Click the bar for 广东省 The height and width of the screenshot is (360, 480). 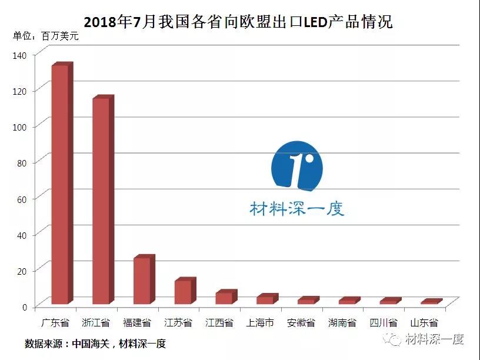click(x=62, y=183)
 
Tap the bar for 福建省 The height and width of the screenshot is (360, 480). click(x=145, y=279)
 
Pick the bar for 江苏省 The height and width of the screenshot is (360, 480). click(x=185, y=291)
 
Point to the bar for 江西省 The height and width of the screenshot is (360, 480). click(x=226, y=296)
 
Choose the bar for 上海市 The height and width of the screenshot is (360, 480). click(x=268, y=299)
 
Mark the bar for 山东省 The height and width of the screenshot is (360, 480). click(x=432, y=301)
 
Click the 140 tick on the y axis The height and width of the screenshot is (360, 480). click(x=19, y=55)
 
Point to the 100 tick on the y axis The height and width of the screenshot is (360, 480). click(x=19, y=127)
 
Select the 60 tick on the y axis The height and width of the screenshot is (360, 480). click(x=22, y=199)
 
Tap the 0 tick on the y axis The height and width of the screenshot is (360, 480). click(x=25, y=307)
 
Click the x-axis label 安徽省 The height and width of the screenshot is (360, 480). click(x=301, y=323)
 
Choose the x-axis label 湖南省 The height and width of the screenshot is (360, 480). click(x=342, y=323)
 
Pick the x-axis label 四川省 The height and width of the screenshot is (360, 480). click(x=383, y=323)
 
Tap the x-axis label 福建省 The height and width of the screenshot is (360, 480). click(x=137, y=323)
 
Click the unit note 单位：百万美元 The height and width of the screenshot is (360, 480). click(x=46, y=36)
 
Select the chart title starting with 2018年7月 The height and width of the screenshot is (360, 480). click(x=238, y=22)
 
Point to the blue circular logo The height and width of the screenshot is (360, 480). click(x=297, y=166)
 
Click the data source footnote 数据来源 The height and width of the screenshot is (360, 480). click(x=95, y=344)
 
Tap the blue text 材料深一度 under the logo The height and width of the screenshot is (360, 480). click(x=297, y=209)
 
